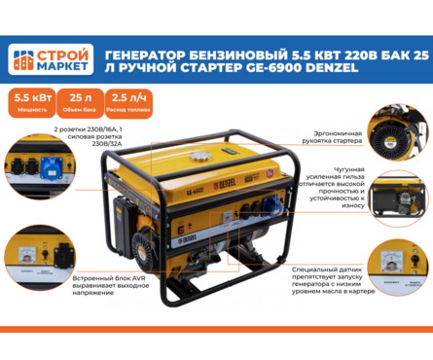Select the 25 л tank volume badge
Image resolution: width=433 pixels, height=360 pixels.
75,100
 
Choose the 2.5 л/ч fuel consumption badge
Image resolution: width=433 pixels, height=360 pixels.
123,100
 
